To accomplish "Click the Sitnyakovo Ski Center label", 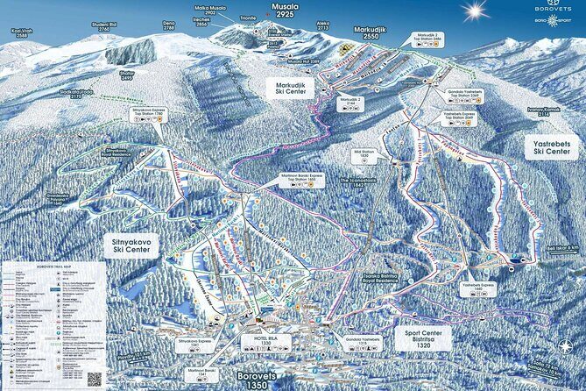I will point(137,245).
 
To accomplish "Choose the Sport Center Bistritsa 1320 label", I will point(419,338).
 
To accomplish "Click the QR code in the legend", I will point(95,379).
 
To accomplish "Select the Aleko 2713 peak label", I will point(323,26).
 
